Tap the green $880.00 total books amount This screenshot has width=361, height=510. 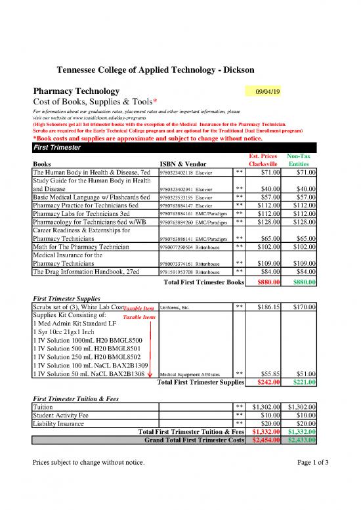coord(304,283)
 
